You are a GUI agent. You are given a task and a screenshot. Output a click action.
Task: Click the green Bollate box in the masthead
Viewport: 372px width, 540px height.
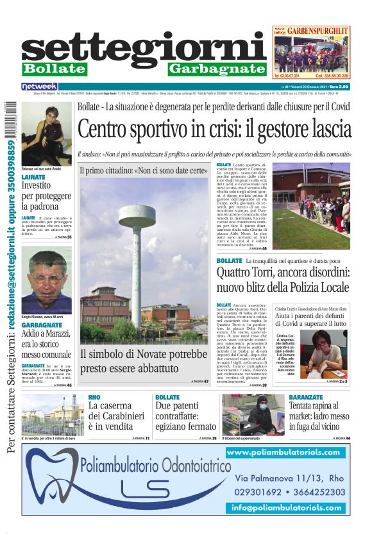click(54, 69)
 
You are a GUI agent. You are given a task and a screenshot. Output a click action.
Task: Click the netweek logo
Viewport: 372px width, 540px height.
click(39, 86)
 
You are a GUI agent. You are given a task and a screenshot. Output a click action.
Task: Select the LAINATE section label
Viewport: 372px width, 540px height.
click(33, 176)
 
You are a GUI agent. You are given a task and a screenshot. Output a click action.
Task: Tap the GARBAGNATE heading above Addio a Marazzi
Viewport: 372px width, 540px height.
click(42, 325)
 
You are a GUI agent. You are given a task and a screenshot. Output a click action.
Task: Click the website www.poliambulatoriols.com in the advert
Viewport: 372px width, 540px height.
click(282, 452)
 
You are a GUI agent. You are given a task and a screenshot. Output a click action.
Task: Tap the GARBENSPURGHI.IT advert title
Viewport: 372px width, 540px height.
click(316, 31)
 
